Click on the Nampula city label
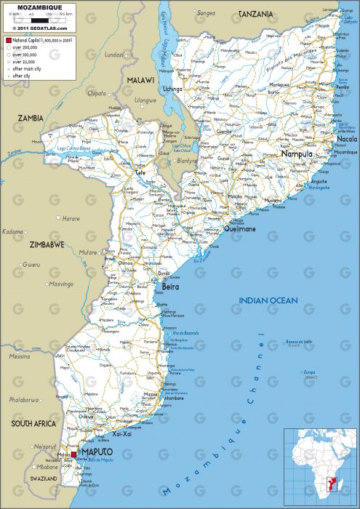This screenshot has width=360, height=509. pyautogui.click(x=297, y=155)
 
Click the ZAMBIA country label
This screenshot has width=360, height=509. pyautogui.click(x=31, y=118)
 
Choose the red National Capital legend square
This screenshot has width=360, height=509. pyautogui.click(x=7, y=41)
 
